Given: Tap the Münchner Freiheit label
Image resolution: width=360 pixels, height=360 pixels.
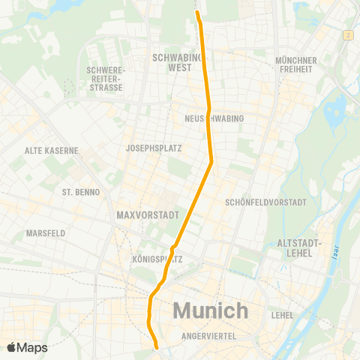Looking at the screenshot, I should (296, 64).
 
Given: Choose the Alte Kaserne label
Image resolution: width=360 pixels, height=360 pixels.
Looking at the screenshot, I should (52, 150).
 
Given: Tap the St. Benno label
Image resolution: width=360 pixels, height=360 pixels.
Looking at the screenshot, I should (76, 192).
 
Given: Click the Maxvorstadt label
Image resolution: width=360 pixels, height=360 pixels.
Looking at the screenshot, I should (147, 216).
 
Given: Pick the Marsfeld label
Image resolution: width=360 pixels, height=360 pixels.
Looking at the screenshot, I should (46, 233).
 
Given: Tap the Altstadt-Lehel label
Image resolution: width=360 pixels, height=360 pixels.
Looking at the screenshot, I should (299, 248).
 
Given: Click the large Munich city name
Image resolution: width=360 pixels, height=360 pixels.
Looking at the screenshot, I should (211, 310).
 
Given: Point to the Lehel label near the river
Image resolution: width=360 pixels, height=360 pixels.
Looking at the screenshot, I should (283, 315).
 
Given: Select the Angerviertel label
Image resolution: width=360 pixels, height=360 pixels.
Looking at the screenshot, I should (208, 337).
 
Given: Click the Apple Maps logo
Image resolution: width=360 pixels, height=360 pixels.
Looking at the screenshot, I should (27, 347).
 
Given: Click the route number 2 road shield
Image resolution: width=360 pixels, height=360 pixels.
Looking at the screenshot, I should (349, 35).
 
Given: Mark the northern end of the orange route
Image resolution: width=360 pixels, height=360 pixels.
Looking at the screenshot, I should (198, 12).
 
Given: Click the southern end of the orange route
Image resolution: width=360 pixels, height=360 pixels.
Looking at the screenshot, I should (157, 347).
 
